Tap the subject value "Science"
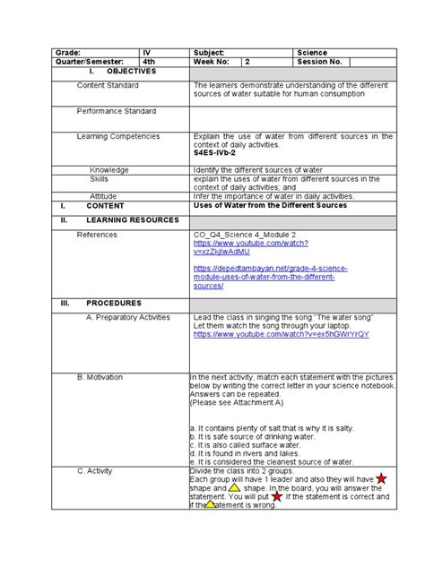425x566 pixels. coord(313,53)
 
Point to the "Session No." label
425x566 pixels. coord(324,63)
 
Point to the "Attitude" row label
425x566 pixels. coord(103,194)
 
